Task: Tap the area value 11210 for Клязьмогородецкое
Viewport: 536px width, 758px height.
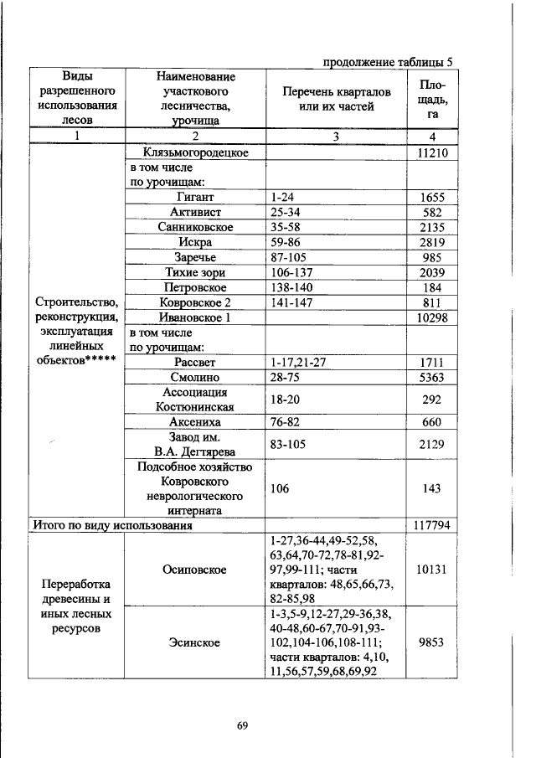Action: coord(433,152)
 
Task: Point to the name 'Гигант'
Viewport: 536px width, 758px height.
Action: coord(195,198)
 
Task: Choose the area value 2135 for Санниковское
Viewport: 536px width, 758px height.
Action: coord(433,228)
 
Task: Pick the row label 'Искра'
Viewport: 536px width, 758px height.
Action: coord(195,243)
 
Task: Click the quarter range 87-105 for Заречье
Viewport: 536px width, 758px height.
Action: coord(288,258)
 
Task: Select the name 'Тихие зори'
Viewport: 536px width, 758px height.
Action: coord(195,273)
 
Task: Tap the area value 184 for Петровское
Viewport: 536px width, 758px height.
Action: coord(433,288)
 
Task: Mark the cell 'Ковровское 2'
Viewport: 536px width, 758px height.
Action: coord(195,303)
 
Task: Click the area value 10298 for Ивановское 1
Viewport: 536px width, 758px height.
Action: coord(433,318)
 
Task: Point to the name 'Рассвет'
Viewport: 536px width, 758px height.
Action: coord(195,363)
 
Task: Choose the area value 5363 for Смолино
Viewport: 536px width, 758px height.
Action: coord(433,378)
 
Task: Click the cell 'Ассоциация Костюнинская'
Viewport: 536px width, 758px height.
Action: coord(195,400)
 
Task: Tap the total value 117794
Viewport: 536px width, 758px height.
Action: coord(433,526)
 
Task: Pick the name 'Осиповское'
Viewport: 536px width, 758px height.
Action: coord(195,570)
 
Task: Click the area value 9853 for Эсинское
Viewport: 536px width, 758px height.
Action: coord(433,643)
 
